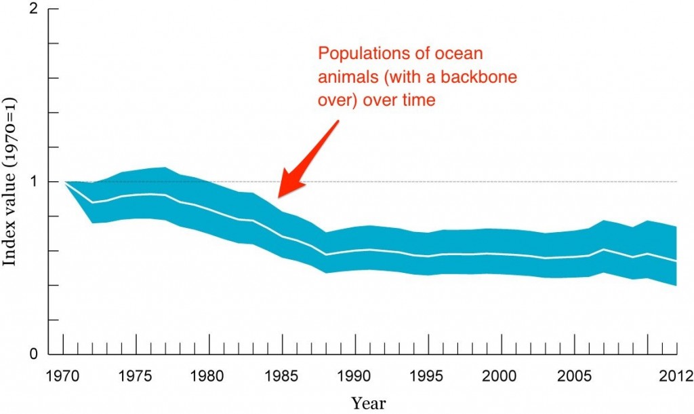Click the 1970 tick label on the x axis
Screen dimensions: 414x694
63,375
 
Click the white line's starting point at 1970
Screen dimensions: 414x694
65,182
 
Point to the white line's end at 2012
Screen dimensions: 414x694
676,261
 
